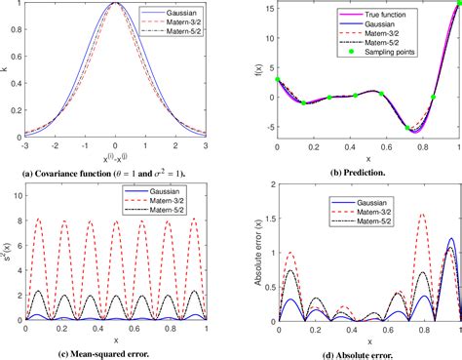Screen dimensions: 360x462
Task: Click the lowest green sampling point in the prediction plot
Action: (x=407, y=128)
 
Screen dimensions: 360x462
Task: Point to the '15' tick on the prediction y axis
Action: (x=268, y=6)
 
